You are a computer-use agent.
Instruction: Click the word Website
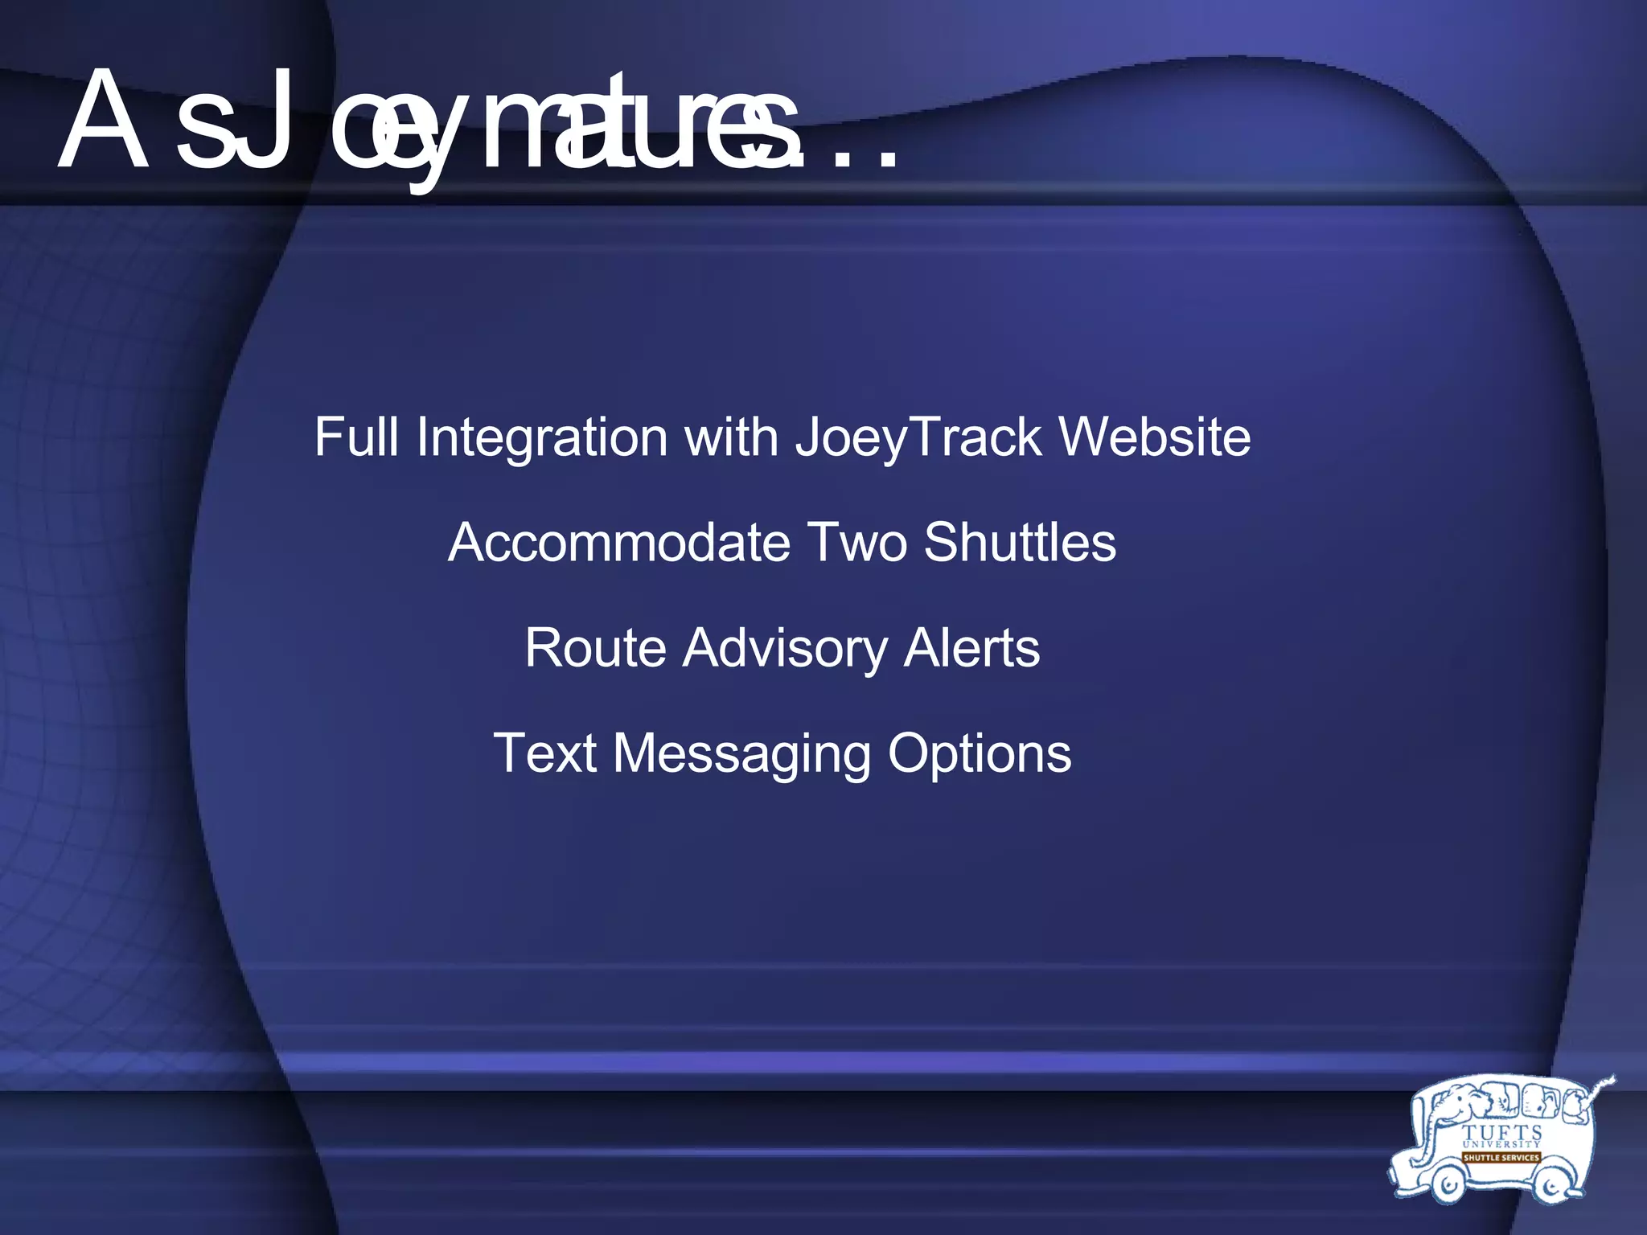tap(1154, 438)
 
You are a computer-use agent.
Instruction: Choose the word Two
tap(856, 543)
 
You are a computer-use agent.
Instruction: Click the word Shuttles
tap(1020, 543)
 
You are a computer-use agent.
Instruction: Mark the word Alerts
tap(971, 648)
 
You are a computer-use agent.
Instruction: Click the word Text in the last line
tap(544, 753)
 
